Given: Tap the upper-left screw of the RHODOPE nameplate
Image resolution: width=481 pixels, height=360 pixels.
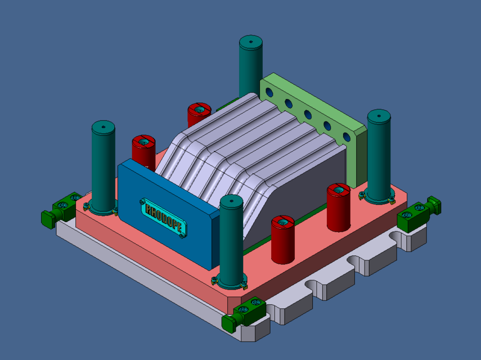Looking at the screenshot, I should (142, 200).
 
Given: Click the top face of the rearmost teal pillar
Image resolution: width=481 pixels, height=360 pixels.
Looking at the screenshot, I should (251, 42).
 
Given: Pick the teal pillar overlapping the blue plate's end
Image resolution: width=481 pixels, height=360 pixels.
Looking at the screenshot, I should (231, 242).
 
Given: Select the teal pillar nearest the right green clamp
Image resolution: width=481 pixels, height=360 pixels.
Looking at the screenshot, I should (378, 155).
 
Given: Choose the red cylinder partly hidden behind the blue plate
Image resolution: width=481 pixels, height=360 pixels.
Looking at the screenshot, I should (143, 151).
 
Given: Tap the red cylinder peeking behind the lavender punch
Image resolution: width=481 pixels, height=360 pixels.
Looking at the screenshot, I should (198, 114).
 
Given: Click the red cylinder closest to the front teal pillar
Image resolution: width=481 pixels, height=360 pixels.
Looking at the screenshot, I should (283, 239).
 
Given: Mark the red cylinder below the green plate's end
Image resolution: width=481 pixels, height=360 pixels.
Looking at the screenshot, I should (339, 207).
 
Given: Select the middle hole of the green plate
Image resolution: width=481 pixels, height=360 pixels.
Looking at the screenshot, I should (308, 115).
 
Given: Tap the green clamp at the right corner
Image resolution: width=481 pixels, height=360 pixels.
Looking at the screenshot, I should (419, 213).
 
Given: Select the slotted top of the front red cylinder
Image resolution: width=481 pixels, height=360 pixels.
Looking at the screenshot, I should (283, 222).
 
